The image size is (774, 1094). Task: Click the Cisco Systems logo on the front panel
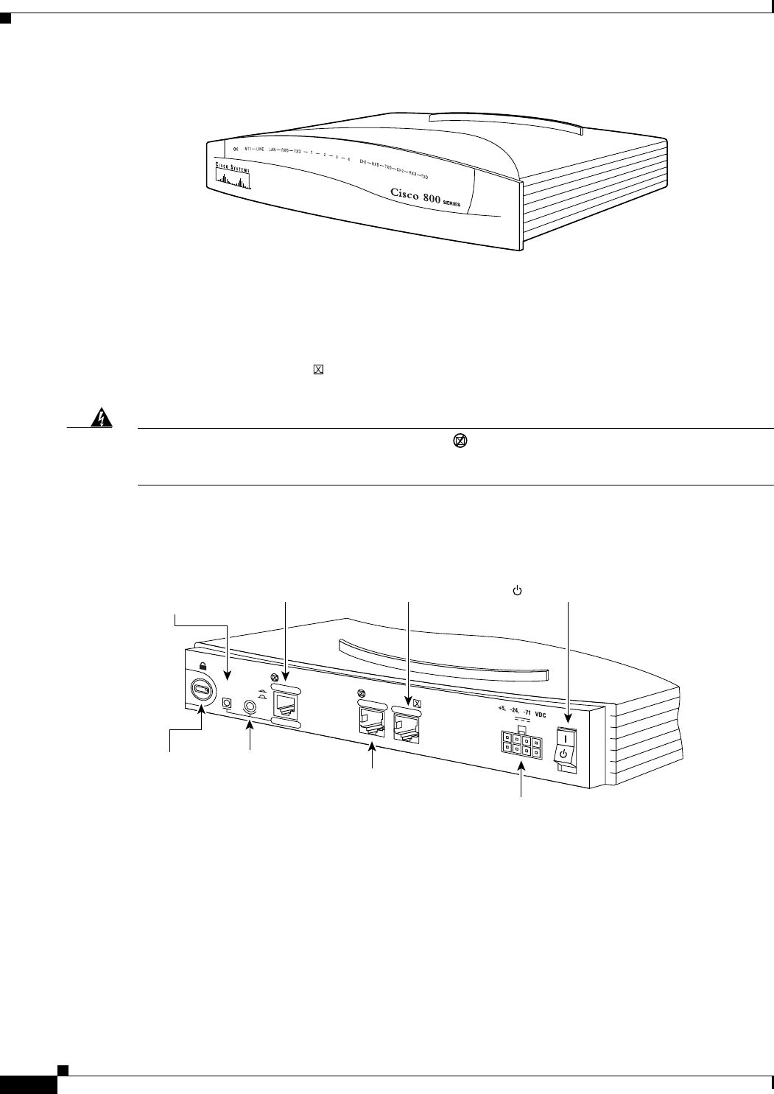click(233, 176)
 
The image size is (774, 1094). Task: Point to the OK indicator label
click(236, 149)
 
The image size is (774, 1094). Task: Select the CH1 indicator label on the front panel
click(363, 161)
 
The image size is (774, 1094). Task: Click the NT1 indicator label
click(249, 149)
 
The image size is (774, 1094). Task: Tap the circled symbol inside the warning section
click(459, 441)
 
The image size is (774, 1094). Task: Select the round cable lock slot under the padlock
click(201, 690)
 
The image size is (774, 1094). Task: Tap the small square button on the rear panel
click(228, 704)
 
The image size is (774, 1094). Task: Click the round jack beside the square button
click(251, 705)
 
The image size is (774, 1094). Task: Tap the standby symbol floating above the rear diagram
click(517, 590)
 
